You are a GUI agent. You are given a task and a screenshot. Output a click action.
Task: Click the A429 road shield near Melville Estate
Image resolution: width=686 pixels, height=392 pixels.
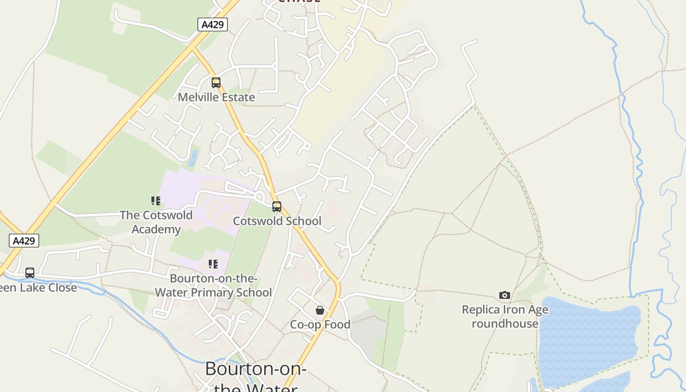pos(213,24)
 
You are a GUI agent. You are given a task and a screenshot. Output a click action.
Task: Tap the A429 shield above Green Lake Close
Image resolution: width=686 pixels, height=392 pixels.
pos(24,241)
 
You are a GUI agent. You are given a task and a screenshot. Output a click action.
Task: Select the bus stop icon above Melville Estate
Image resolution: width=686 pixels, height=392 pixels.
pos(216,83)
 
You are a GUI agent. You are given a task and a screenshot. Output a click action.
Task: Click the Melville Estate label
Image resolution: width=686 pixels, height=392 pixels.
pos(216,97)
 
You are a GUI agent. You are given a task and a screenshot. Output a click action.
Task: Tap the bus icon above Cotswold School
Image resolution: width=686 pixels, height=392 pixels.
pos(277,207)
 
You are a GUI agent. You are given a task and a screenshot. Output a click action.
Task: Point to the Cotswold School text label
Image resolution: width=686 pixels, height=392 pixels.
pos(277,221)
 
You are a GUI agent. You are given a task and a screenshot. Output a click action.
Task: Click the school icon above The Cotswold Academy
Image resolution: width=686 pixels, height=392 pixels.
pos(156,201)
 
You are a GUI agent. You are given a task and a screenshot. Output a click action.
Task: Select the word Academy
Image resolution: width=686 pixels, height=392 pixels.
pos(156,229)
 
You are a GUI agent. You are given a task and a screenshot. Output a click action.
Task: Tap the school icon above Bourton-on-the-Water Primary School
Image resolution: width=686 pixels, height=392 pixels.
pos(213,265)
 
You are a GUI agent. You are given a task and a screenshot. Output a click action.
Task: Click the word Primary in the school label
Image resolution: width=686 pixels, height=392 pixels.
pos(214,293)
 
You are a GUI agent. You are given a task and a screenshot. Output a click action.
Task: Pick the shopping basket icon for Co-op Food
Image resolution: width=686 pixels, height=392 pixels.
pos(320,310)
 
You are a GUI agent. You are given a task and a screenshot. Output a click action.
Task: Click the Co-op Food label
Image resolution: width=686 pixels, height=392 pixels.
pos(320,324)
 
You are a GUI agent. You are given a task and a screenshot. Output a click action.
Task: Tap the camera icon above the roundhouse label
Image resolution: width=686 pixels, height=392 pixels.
pos(505,295)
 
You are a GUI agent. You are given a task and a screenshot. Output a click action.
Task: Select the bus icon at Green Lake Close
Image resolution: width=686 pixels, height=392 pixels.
pos(30,273)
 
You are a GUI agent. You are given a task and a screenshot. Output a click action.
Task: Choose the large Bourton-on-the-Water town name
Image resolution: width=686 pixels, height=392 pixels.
pos(255,369)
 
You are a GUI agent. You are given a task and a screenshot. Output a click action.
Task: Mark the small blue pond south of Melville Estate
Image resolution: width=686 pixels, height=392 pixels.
pos(193,158)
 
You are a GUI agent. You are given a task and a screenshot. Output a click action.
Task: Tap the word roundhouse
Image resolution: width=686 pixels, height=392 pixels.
pos(505,323)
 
